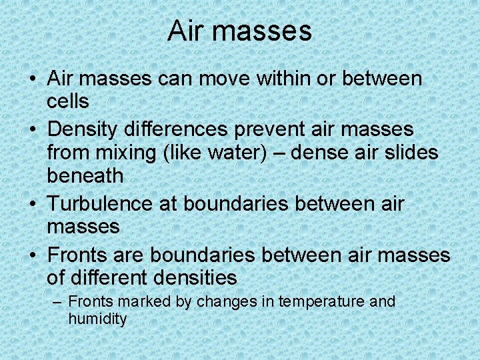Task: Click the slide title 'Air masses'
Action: [239, 31]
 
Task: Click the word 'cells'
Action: [68, 101]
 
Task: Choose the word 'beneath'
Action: [85, 176]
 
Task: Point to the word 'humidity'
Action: [97, 319]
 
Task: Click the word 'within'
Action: [279, 78]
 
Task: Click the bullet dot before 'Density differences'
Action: [33, 129]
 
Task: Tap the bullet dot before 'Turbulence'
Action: [33, 203]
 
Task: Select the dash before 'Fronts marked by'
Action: [58, 302]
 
